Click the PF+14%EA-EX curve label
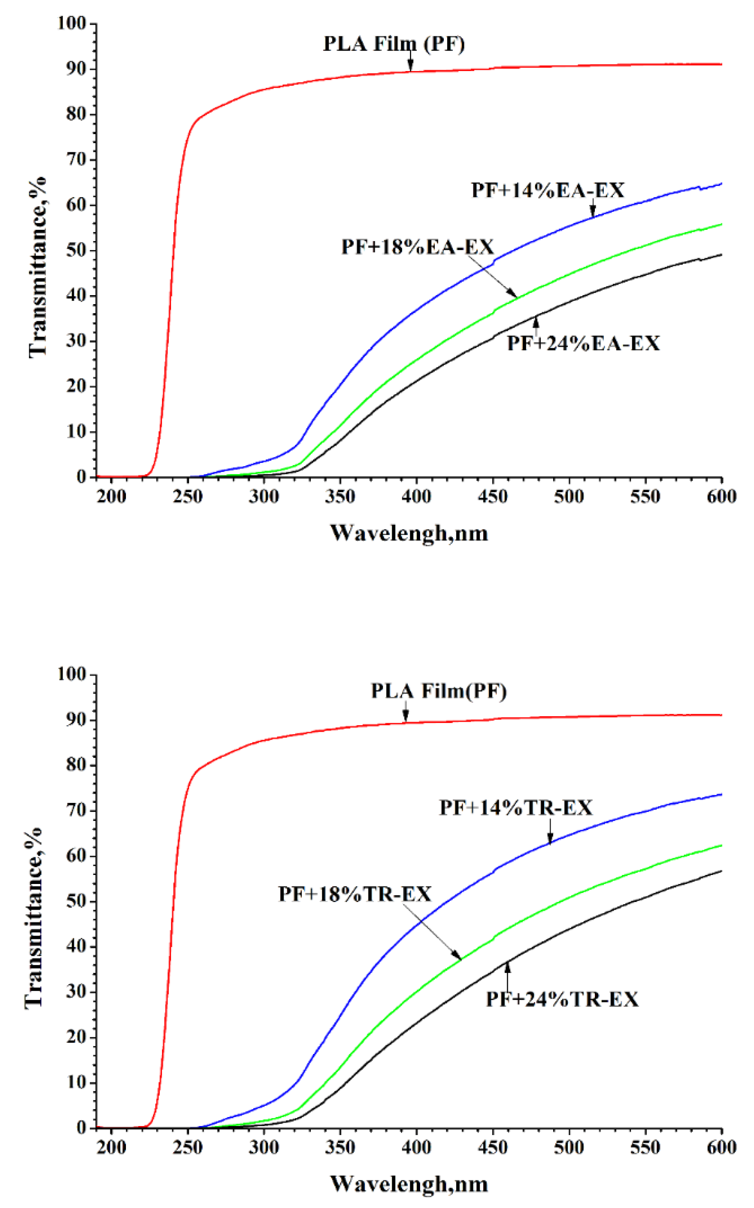point(548,190)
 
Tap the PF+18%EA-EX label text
point(418,247)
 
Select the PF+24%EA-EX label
point(583,343)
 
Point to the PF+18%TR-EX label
point(355,894)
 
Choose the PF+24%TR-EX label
point(562,1000)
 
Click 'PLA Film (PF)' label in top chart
point(394,44)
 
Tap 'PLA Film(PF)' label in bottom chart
point(439,691)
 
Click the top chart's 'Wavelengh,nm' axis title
point(409,533)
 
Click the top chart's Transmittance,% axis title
point(37,266)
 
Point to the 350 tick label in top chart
point(340,497)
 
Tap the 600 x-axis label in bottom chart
point(721,1148)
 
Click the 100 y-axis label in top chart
point(72,23)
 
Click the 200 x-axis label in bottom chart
point(111,1148)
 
